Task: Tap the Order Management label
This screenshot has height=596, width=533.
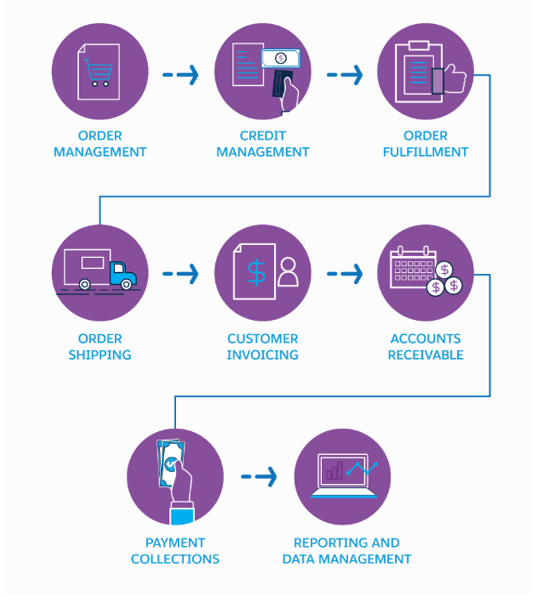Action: click(100, 143)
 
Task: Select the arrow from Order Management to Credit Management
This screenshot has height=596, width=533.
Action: click(181, 75)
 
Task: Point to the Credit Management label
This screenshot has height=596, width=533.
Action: click(263, 143)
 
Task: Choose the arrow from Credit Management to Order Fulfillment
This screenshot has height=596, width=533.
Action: click(344, 75)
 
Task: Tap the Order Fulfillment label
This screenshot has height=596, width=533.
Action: click(425, 143)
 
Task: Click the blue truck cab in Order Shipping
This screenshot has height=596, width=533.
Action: click(123, 275)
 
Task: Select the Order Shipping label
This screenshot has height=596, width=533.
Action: click(100, 346)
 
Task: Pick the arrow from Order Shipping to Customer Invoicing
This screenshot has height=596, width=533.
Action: click(181, 275)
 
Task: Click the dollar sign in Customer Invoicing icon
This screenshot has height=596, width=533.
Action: click(255, 273)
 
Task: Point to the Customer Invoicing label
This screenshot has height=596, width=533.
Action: click(263, 346)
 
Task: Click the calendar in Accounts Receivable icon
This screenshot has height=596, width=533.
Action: click(410, 267)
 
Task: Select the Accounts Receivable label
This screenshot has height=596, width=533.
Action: click(425, 346)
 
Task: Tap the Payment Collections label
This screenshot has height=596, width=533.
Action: click(175, 551)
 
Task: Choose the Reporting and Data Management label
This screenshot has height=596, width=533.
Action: click(347, 551)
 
